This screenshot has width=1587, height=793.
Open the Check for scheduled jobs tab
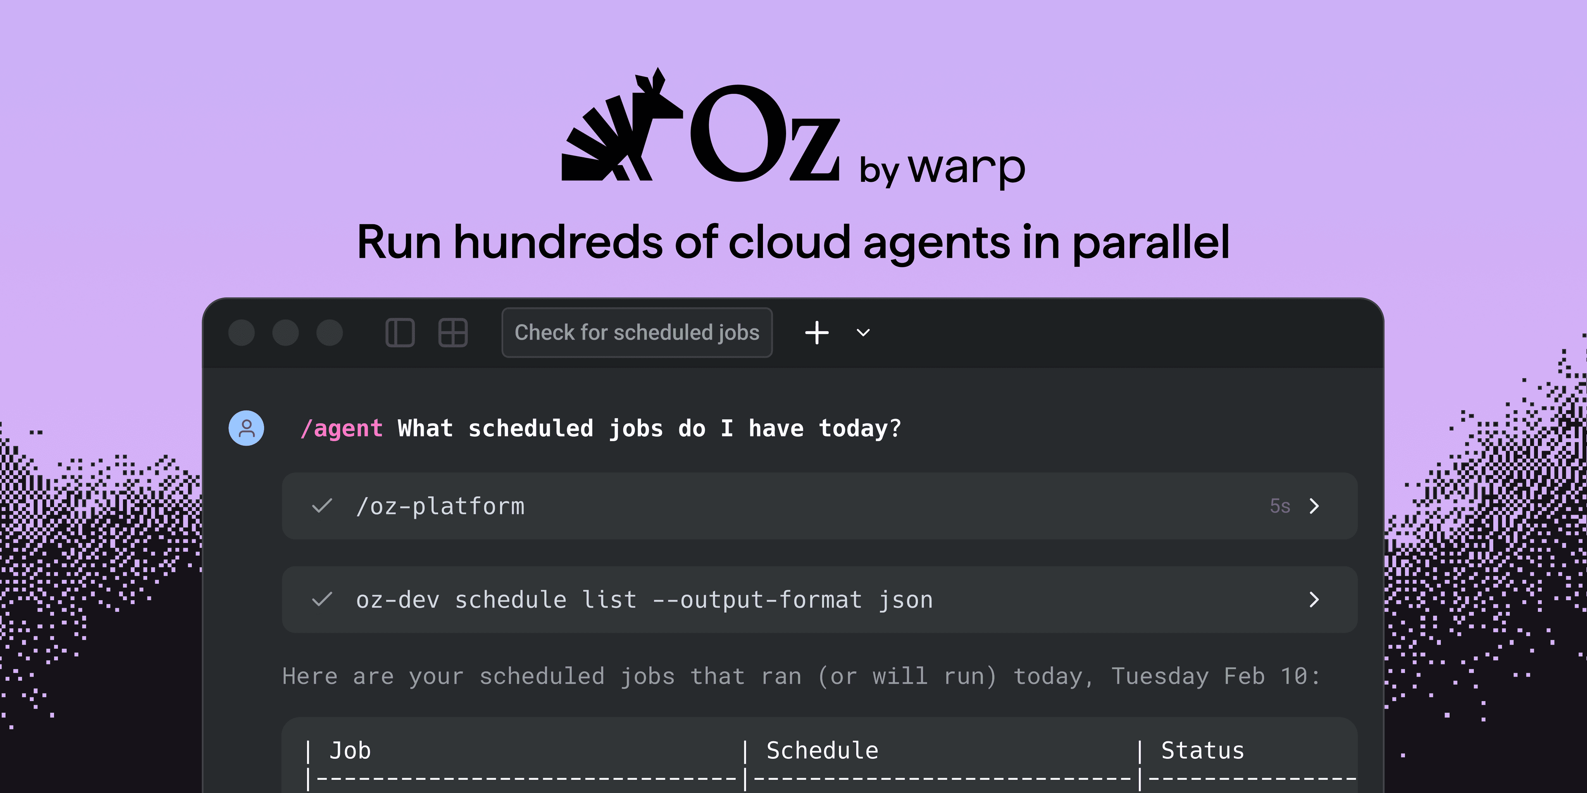pyautogui.click(x=636, y=332)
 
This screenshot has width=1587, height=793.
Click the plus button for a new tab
pyautogui.click(x=817, y=332)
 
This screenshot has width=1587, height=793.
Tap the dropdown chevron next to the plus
pyautogui.click(x=863, y=332)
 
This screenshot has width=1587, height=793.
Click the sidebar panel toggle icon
pyautogui.click(x=400, y=332)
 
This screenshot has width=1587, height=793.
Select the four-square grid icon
pyautogui.click(x=453, y=332)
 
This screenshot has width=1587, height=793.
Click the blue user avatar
pyautogui.click(x=246, y=428)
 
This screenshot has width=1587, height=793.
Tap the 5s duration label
pyautogui.click(x=1280, y=506)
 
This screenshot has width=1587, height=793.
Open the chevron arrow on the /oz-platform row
pyautogui.click(x=1314, y=506)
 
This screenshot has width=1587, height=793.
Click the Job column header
pyautogui.click(x=350, y=750)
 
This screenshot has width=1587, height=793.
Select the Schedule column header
pyautogui.click(x=822, y=750)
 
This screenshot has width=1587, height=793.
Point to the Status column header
pyautogui.click(x=1202, y=750)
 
